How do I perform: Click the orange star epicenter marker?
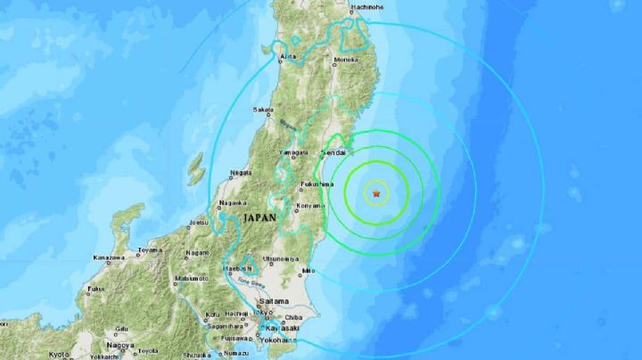377,192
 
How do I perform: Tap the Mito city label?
309,269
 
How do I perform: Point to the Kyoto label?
59,354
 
